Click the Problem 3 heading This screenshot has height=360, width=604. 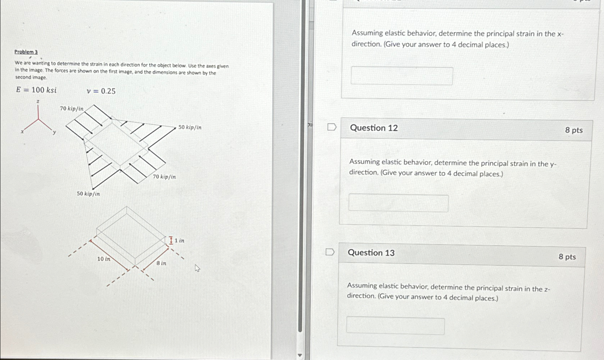[x=26, y=52]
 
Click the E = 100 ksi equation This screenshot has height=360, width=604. [x=36, y=90]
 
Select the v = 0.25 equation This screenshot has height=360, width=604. [x=101, y=91]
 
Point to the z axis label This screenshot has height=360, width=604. [x=38, y=102]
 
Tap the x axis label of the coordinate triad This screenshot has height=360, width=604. [x=22, y=132]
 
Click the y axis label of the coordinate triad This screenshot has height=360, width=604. [x=54, y=132]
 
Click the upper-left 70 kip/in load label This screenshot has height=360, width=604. [x=72, y=109]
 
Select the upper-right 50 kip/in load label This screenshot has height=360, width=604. [x=190, y=127]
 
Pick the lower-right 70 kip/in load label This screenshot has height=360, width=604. [x=164, y=177]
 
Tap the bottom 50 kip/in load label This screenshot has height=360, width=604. [x=88, y=194]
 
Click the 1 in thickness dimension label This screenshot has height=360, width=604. [x=179, y=241]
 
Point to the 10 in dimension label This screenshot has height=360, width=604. [x=104, y=259]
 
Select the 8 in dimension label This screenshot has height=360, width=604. [x=161, y=263]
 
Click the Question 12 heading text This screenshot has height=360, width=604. [x=374, y=128]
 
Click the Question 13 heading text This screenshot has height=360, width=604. [x=371, y=253]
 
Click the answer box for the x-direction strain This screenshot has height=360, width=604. [x=401, y=76]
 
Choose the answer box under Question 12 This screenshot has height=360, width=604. [x=398, y=203]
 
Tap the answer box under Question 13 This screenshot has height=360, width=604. [x=395, y=326]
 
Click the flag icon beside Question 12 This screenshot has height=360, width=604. [x=332, y=127]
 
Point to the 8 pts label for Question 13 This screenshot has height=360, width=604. [x=567, y=257]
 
